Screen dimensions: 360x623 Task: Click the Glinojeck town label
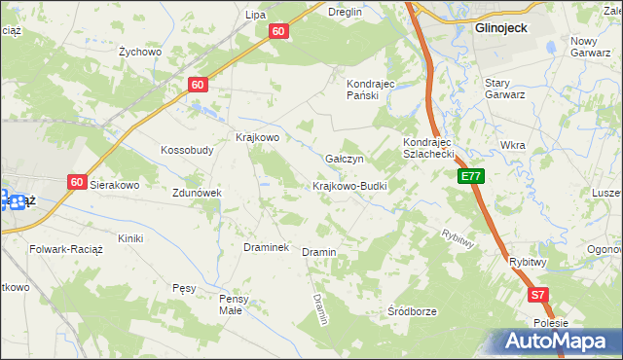(x=500, y=28)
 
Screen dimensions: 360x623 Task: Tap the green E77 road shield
(x=471, y=176)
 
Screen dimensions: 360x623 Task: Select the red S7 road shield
(x=538, y=294)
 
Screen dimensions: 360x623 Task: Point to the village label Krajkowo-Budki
(x=350, y=186)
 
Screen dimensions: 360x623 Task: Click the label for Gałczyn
(x=345, y=159)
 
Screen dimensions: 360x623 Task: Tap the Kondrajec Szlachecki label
(x=429, y=148)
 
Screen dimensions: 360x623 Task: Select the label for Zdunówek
(x=198, y=193)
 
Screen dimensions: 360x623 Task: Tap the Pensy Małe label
(x=238, y=304)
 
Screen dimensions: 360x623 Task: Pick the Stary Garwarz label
(x=505, y=90)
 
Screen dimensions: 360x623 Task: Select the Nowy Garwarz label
(x=596, y=47)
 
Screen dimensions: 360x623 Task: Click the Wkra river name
(x=512, y=145)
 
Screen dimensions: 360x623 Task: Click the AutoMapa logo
(x=561, y=341)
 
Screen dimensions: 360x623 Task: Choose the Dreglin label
(x=345, y=13)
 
